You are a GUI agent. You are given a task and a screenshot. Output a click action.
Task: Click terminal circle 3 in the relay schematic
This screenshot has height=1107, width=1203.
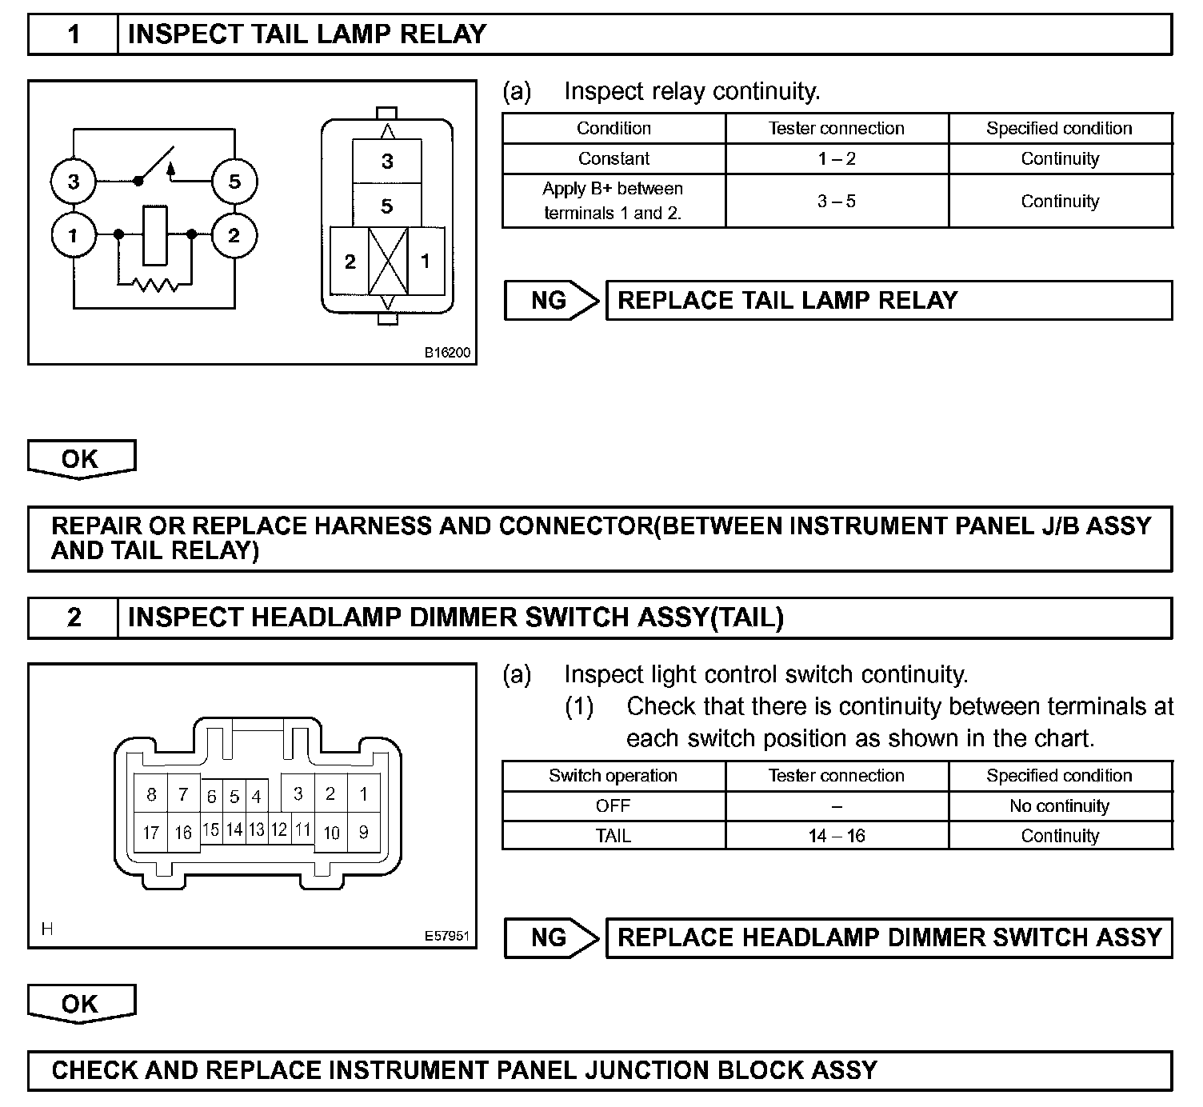click(x=74, y=182)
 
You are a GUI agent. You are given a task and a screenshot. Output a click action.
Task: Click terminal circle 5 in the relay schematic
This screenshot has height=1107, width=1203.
click(x=234, y=182)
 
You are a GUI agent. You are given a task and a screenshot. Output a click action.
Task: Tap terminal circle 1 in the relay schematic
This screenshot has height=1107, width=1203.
click(x=74, y=236)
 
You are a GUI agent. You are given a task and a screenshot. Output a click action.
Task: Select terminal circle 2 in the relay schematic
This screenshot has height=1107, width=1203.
click(x=234, y=236)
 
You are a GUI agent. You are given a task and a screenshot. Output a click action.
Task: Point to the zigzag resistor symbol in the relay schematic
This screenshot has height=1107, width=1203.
click(x=155, y=283)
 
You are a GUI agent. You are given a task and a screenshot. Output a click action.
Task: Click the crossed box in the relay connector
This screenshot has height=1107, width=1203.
click(x=387, y=261)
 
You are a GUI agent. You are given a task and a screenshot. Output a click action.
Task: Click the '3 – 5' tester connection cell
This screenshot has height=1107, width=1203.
click(x=837, y=201)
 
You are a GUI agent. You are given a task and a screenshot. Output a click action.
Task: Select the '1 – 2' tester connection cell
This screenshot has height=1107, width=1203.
click(x=837, y=158)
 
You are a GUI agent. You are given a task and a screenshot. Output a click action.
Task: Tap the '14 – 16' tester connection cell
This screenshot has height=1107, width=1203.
click(x=837, y=836)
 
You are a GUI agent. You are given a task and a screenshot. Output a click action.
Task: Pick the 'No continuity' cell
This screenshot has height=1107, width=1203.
click(x=1060, y=805)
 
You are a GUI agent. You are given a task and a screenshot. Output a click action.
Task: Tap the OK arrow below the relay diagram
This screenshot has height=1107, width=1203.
click(x=81, y=459)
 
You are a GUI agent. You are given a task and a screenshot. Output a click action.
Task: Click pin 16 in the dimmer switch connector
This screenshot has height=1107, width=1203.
click(x=183, y=833)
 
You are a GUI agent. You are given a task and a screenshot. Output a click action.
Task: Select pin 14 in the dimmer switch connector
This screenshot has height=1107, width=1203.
click(x=234, y=829)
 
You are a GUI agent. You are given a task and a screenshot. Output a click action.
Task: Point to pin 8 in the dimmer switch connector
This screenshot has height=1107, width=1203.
click(x=151, y=794)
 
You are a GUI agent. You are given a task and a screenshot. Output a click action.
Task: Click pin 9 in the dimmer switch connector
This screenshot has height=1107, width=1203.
click(x=363, y=833)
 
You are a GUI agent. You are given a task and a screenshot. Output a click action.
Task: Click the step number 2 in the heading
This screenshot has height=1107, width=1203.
click(x=74, y=617)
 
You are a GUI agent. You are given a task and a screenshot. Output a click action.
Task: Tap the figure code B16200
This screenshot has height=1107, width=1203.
click(x=447, y=352)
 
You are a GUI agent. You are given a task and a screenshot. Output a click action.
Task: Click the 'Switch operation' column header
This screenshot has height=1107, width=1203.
click(x=613, y=776)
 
